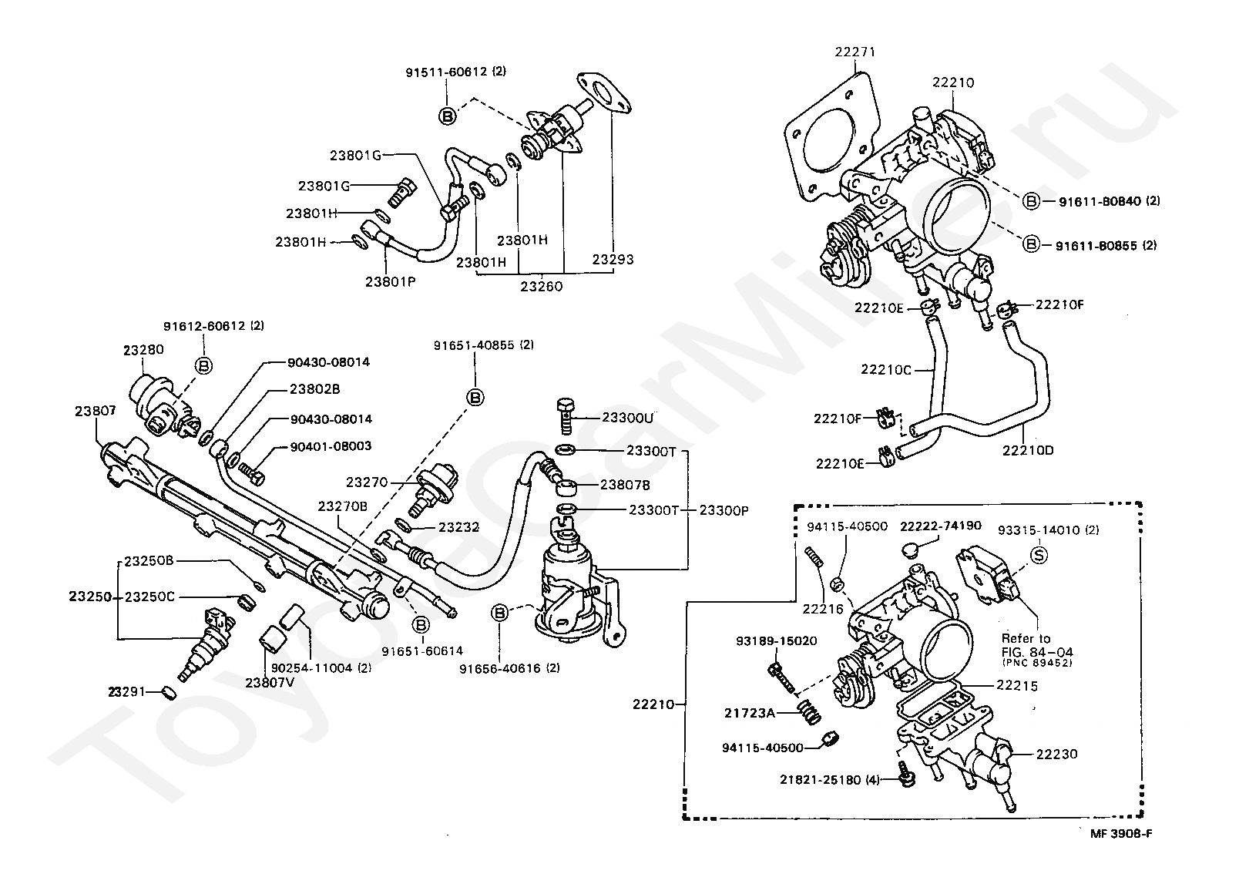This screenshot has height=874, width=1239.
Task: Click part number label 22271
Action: coord(855,52)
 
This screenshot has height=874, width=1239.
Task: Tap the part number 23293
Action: coord(613,260)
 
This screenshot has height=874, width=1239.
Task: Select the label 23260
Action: coord(542,287)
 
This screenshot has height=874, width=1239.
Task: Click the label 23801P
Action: coord(391,281)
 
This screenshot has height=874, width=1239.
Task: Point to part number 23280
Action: coord(143,350)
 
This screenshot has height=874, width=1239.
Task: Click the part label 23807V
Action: coord(270,683)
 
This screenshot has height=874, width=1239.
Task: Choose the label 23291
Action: coord(126,691)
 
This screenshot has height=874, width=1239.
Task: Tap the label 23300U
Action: coord(627,418)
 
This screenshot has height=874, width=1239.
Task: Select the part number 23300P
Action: coord(724,510)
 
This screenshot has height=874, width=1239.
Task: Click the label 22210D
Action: coord(1028,450)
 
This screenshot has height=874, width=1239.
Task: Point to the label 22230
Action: coord(1057,754)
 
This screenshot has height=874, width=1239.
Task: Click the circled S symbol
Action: coord(1039,555)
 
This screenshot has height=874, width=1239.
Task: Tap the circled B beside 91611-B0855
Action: coord(1031,244)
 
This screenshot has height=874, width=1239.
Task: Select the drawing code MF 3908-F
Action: coord(1122,834)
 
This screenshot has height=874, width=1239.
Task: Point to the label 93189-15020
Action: coord(777,640)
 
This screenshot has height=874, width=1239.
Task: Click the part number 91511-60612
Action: coord(446,72)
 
